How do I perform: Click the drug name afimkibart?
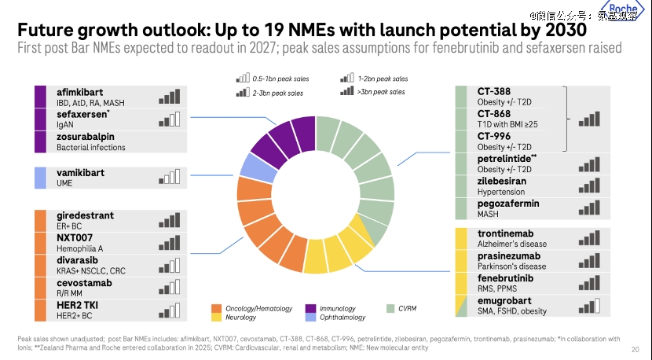(x=79, y=91)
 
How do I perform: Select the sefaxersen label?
(x=82, y=114)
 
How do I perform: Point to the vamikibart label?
(x=81, y=172)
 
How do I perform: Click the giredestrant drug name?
(x=85, y=215)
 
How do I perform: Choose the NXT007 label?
(x=74, y=237)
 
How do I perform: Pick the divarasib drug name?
(x=77, y=259)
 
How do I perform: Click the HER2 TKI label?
(x=75, y=303)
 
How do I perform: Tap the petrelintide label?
(x=507, y=159)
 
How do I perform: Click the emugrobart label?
(x=504, y=300)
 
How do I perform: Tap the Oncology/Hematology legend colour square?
(x=217, y=308)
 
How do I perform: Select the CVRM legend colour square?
(x=390, y=308)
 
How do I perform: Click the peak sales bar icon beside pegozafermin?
(x=589, y=208)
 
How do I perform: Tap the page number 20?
(x=635, y=349)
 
